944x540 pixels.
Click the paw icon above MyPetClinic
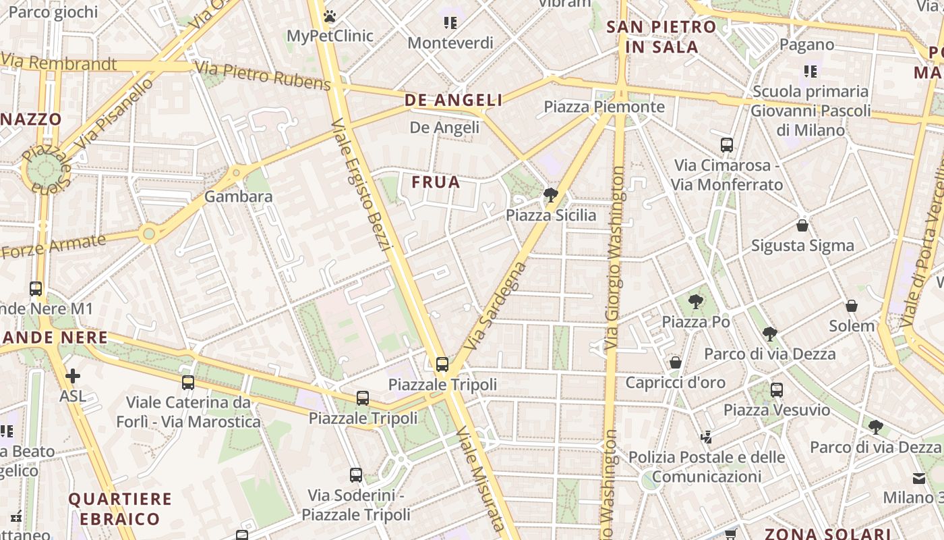click(330, 16)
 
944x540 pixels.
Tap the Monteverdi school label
click(451, 43)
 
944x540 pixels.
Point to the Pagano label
click(806, 45)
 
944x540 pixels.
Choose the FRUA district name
click(436, 182)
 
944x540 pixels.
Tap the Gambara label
click(238, 196)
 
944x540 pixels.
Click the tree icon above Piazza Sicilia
click(550, 196)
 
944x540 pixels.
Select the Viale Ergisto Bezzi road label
click(361, 184)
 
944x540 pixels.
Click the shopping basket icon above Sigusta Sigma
click(802, 225)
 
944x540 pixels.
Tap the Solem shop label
click(851, 326)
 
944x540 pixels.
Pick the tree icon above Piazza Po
click(695, 302)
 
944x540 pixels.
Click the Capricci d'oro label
click(675, 383)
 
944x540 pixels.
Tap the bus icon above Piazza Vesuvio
click(777, 389)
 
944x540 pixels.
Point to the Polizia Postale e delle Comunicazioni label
click(706, 467)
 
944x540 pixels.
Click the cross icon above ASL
click(72, 376)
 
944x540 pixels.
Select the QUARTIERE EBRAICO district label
click(120, 509)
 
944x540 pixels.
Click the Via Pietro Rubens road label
click(262, 76)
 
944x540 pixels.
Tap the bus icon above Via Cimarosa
click(727, 144)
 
